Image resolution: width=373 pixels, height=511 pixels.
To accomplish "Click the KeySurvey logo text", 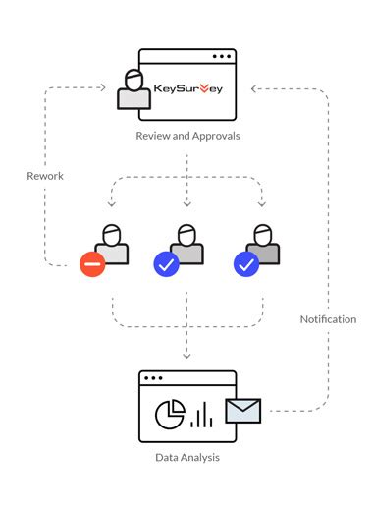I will point(188,89).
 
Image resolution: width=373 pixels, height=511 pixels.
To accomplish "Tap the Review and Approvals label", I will point(187,135).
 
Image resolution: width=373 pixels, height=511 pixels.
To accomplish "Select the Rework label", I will point(45,176).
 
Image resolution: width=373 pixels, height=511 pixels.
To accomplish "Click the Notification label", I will point(328,319).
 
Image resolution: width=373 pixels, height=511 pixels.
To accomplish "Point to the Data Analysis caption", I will point(187,457).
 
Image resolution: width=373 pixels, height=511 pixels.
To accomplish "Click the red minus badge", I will point(93,263).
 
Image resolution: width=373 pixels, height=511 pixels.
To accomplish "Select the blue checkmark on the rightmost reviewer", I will point(245,263).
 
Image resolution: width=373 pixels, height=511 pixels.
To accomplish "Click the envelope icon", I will point(243,410).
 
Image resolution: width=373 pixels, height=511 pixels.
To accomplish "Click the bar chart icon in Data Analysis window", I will point(201,415).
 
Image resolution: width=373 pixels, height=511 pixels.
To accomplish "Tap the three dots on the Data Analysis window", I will point(152,378).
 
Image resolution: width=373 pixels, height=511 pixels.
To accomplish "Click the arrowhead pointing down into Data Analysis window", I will point(187,356).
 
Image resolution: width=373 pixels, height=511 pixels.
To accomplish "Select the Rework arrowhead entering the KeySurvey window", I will point(102,88).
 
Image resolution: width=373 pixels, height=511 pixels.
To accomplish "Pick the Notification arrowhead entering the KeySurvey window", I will point(254,88).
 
